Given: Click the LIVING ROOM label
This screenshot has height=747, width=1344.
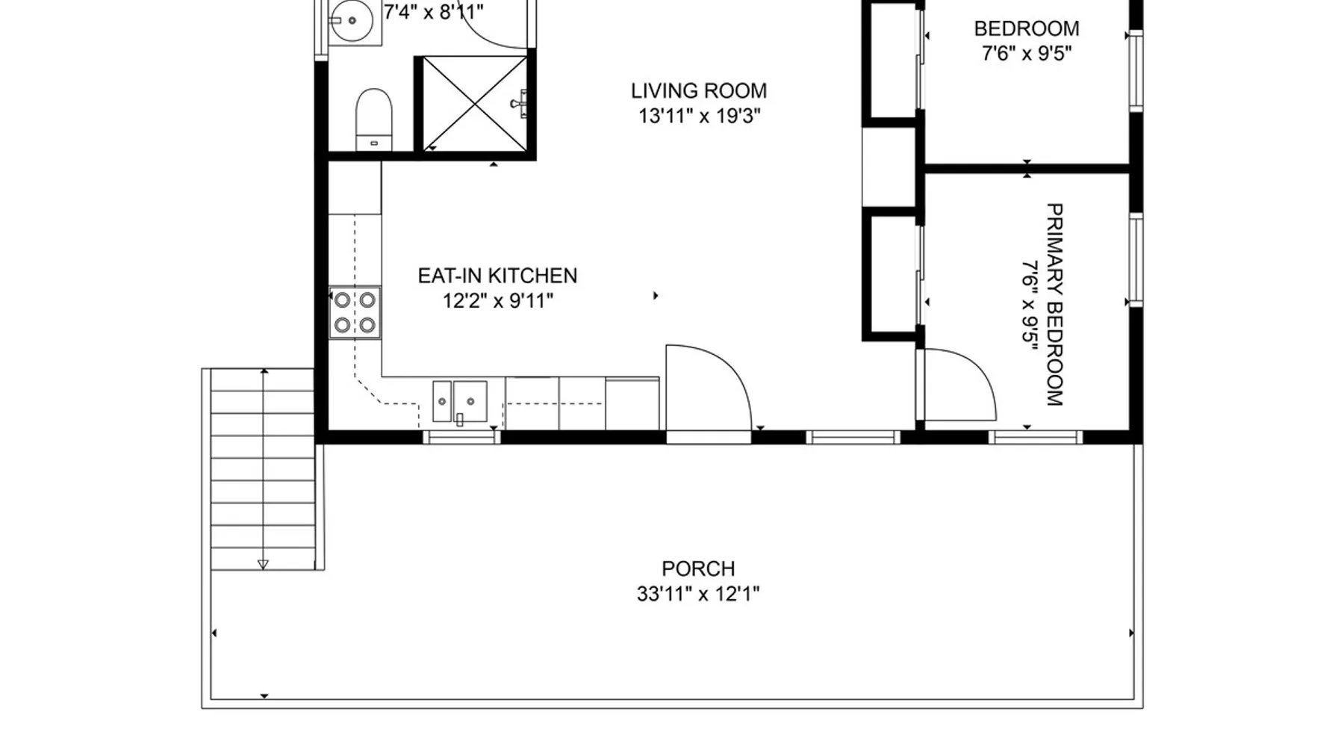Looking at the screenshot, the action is [698, 91].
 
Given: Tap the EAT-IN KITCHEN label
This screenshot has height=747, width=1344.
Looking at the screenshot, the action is [497, 276].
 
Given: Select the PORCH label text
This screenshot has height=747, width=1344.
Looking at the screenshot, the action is [698, 569].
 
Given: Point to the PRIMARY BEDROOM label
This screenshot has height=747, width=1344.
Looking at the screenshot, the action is [1054, 305].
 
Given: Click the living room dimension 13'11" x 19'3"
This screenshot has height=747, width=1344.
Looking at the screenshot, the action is [699, 117].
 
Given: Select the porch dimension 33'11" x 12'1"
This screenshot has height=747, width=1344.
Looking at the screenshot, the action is [698, 595].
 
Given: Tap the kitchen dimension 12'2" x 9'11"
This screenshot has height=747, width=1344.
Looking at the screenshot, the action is [497, 301].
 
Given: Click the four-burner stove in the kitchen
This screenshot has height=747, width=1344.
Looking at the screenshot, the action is [355, 312].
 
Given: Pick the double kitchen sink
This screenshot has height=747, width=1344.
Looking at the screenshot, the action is [460, 402].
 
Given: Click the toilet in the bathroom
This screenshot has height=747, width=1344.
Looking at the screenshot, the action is [373, 120].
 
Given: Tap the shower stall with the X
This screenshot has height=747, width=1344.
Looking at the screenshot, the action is [475, 103].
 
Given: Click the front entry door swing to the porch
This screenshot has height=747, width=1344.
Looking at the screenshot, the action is [708, 388].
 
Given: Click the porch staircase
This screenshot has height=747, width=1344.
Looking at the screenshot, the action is [262, 469].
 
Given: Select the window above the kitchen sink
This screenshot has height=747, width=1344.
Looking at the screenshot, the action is [461, 438].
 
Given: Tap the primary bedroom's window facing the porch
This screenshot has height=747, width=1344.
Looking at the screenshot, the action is [1035, 438].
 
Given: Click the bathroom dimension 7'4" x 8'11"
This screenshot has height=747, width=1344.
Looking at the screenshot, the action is [433, 12].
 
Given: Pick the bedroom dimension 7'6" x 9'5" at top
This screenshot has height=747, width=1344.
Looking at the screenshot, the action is [1027, 54].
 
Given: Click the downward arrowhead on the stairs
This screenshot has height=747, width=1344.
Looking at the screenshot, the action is [263, 565].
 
